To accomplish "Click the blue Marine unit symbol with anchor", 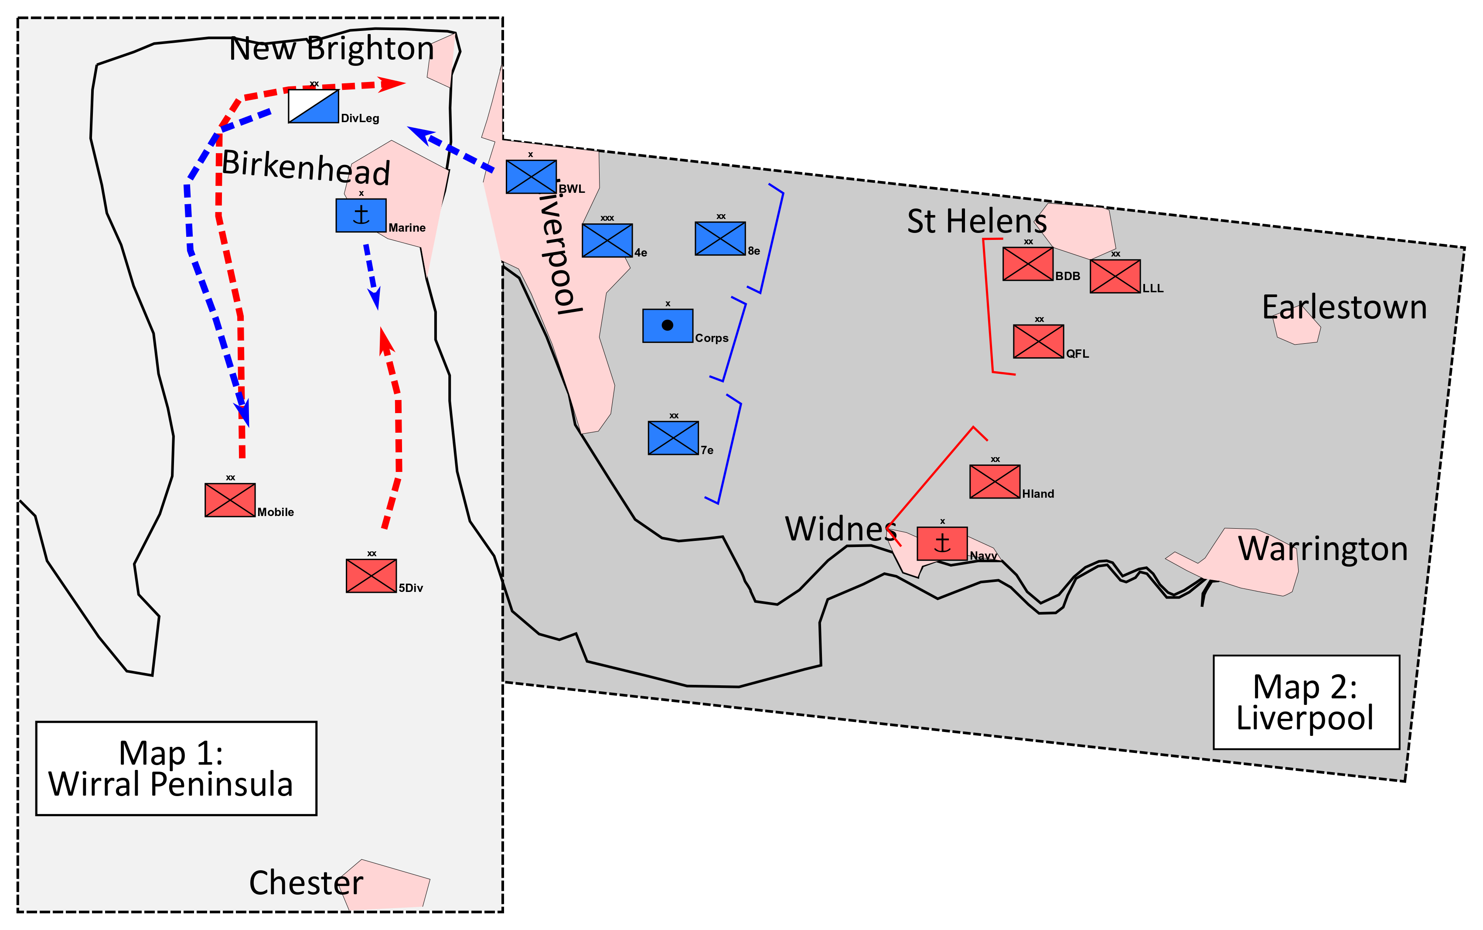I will tap(361, 215).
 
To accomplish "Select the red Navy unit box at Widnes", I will tap(942, 544).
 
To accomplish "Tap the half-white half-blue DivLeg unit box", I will tap(314, 106).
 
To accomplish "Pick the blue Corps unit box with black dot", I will tap(668, 325).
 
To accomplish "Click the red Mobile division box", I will tap(230, 500).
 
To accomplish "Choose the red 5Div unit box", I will tap(372, 576).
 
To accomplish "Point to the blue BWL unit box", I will tap(531, 177).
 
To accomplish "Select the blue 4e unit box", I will tap(607, 240).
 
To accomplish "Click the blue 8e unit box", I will tap(720, 239).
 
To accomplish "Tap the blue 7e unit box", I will tap(673, 438).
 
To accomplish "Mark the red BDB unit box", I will tap(1028, 264).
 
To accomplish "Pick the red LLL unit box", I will tap(1115, 276).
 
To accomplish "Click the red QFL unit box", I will tap(1039, 342).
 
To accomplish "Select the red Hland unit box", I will tap(995, 482).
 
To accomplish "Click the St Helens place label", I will tap(976, 222).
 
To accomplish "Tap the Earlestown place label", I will tap(1344, 308).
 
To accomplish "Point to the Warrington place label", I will tap(1323, 549).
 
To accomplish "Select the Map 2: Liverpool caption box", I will tap(1306, 702).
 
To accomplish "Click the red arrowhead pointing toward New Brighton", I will tap(392, 84).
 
